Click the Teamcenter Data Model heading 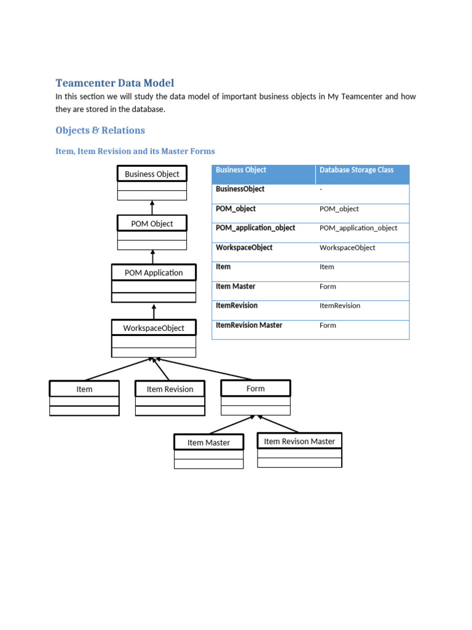115,83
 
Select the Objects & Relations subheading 100,130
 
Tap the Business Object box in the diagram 152,174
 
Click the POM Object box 152,224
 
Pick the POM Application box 154,273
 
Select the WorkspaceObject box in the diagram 154,328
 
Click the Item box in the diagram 84,389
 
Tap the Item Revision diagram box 170,389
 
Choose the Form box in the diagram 255,389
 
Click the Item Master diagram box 208,442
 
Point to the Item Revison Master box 299,441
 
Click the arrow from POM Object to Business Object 152,207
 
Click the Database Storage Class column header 356,170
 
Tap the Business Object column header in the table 241,170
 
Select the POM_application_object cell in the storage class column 358,228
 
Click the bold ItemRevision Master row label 249,325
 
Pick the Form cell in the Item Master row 328,287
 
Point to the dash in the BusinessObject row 321,189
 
